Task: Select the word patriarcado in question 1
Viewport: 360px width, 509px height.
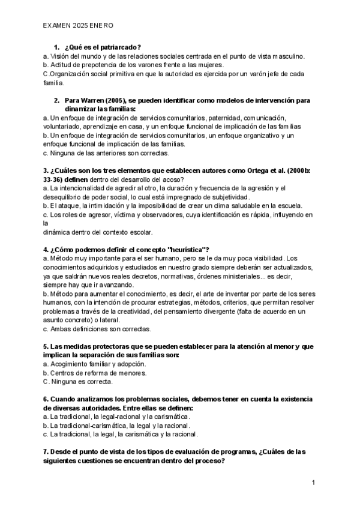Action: click(119, 47)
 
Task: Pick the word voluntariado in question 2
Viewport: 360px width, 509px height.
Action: click(63, 127)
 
